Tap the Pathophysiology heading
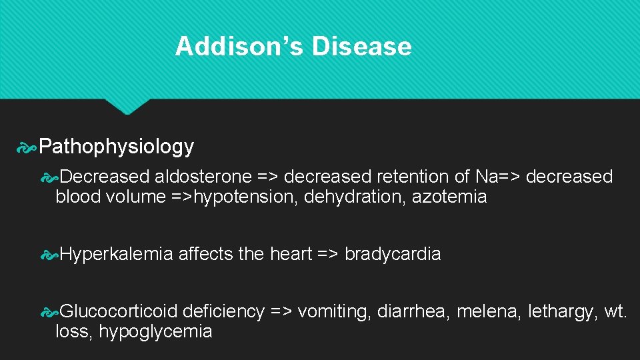117,146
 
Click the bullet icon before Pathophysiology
27,147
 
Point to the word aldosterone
203,177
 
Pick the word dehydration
345,197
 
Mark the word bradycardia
393,254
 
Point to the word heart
290,254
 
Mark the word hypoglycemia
155,331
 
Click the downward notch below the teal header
128,106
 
